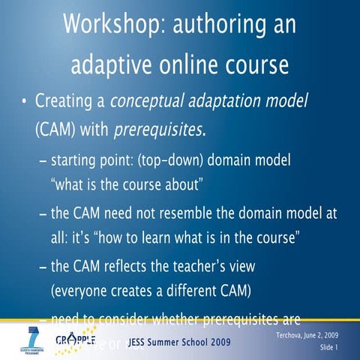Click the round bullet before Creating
(x=24, y=101)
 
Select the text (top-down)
(x=175, y=162)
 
